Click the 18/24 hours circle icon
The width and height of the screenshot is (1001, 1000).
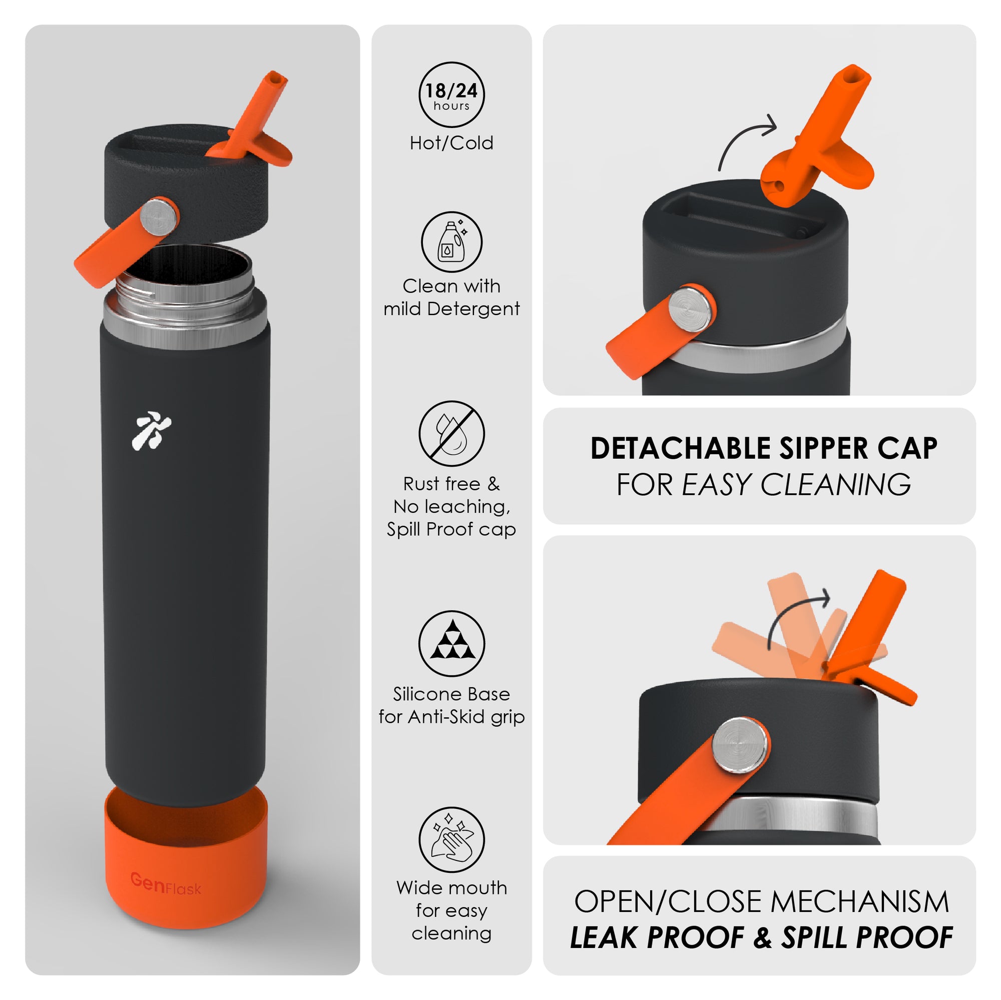pyautogui.click(x=451, y=95)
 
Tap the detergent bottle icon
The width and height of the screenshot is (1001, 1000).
pyautogui.click(x=451, y=242)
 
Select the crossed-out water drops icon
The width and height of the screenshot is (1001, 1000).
pyautogui.click(x=451, y=433)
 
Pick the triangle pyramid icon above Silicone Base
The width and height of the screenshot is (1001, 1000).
pyautogui.click(x=451, y=643)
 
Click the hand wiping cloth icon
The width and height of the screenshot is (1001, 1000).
pyautogui.click(x=451, y=839)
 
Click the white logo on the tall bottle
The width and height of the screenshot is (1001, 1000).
pyautogui.click(x=151, y=431)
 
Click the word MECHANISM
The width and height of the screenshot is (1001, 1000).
pyautogui.click(x=859, y=901)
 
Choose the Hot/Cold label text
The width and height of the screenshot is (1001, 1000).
pyautogui.click(x=451, y=143)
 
